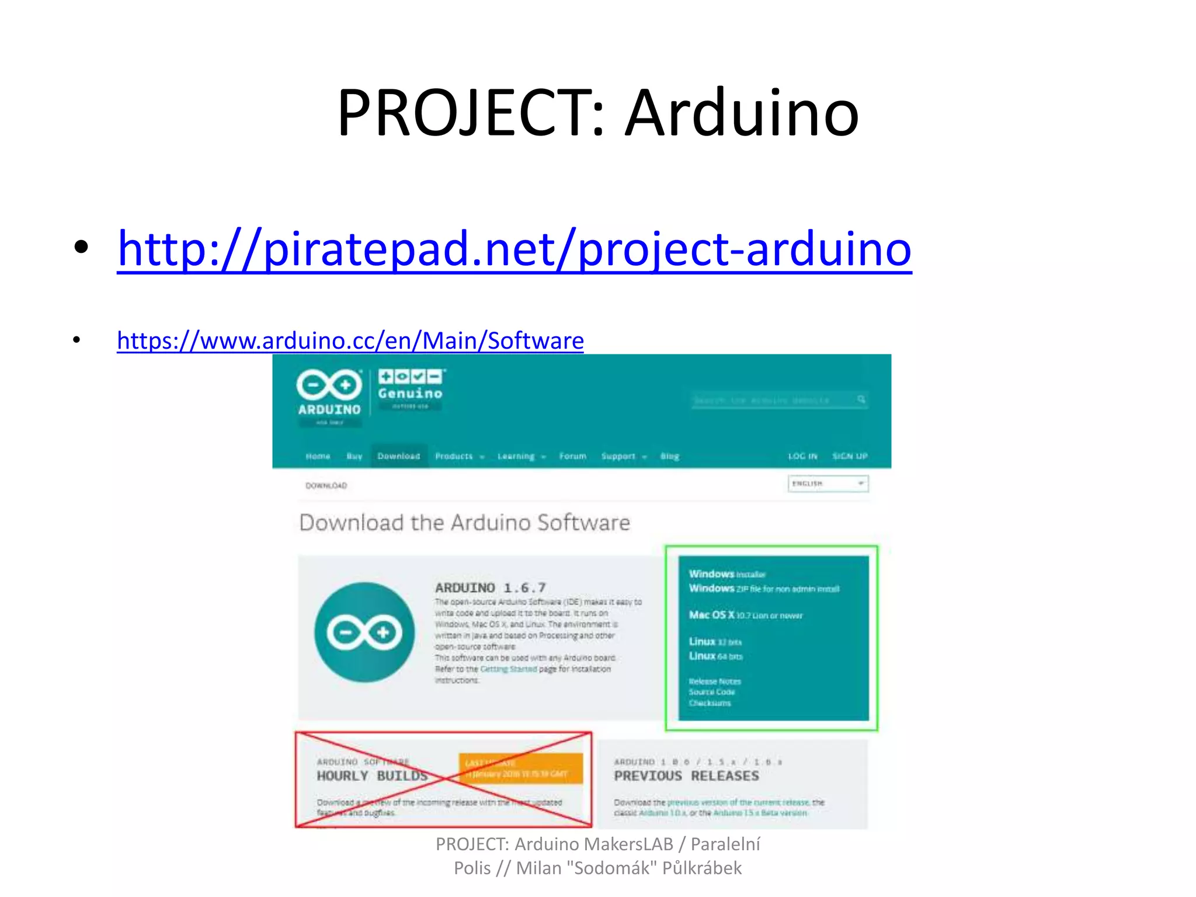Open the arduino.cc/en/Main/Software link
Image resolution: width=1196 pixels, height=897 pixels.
[350, 340]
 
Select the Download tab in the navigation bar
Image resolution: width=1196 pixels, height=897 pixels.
[399, 456]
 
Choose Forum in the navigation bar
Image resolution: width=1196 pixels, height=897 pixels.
[572, 456]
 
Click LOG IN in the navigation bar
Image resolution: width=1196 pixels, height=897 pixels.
[802, 456]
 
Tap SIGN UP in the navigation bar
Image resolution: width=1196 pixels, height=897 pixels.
[850, 456]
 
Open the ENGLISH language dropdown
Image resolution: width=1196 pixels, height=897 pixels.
[828, 484]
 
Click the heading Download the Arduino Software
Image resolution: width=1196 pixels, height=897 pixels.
[465, 523]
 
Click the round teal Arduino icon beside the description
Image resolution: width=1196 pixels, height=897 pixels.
[364, 632]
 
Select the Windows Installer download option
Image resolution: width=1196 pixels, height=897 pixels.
[727, 574]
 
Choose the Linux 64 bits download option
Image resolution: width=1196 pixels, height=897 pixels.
[715, 656]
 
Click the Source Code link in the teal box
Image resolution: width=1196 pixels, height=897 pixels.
[712, 692]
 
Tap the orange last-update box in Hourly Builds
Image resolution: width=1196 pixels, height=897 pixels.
[521, 769]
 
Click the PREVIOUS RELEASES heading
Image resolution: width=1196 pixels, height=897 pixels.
[686, 776]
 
